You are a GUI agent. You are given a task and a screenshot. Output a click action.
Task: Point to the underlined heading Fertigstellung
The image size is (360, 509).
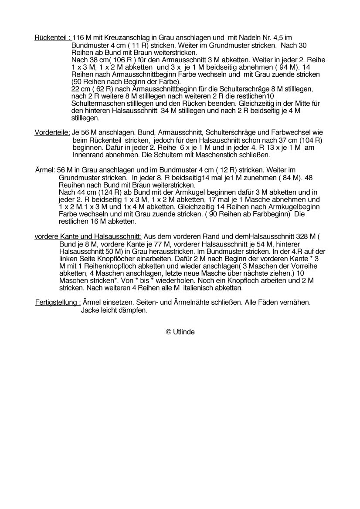[58, 303]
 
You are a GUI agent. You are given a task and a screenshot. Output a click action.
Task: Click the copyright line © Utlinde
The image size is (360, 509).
[180, 332]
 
